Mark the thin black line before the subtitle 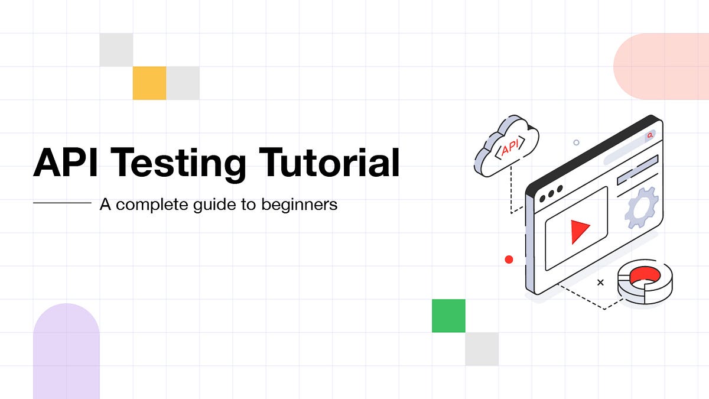62,203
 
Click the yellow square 149,83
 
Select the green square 448,316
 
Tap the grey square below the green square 482,349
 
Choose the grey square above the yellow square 116,50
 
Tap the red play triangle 580,231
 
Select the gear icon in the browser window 642,207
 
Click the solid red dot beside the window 509,259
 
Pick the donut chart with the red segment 645,281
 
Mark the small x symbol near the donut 600,283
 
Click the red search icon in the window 650,135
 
